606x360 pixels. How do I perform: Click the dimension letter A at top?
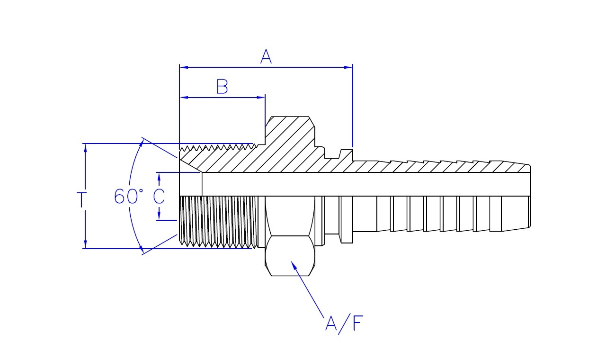[266, 57]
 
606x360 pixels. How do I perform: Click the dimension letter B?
[222, 87]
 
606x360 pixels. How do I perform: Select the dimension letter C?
[159, 196]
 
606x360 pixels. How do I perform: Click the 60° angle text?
[128, 196]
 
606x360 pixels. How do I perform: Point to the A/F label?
[345, 324]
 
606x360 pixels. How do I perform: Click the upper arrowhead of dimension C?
[159, 176]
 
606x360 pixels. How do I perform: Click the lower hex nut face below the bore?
[290, 256]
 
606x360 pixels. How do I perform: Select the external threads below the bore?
[218, 221]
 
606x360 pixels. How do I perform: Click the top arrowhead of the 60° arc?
[142, 141]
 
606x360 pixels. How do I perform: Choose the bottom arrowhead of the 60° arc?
[142, 251]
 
